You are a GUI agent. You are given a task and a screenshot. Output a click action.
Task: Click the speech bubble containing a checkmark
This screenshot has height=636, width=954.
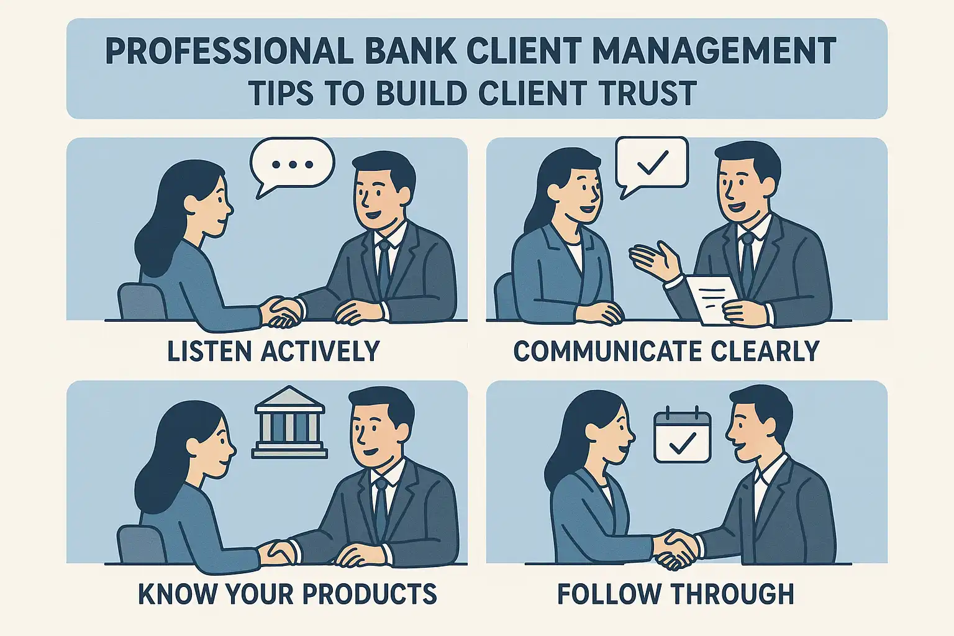click(x=652, y=162)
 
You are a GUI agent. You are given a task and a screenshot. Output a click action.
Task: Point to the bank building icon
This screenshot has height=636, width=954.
click(x=289, y=422)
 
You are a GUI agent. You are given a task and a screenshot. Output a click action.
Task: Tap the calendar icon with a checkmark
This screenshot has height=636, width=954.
click(x=683, y=434)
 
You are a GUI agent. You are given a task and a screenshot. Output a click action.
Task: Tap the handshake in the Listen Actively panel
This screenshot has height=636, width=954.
click(x=283, y=311)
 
